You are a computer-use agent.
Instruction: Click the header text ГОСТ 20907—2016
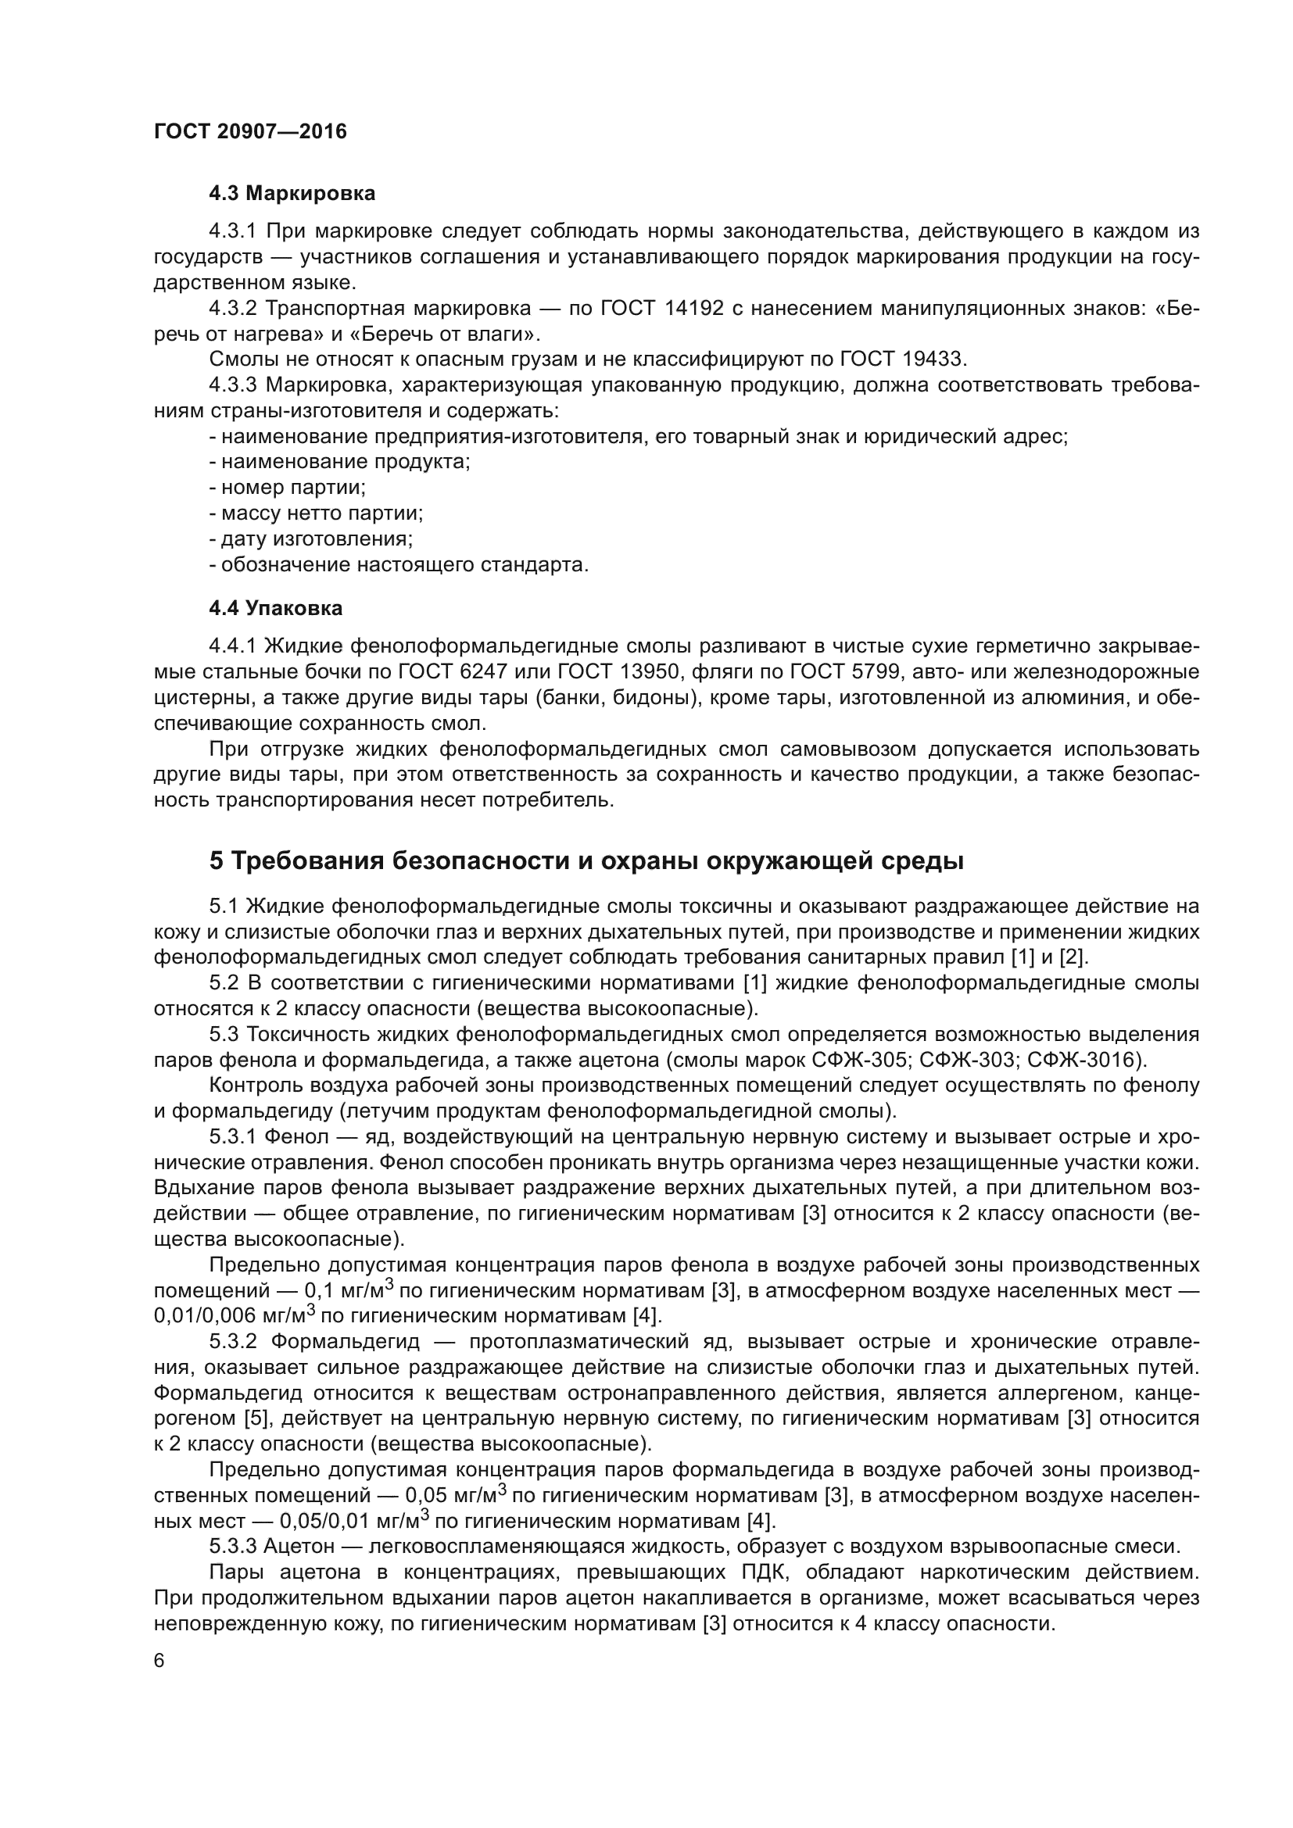[x=250, y=131]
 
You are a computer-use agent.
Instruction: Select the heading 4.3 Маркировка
[x=292, y=193]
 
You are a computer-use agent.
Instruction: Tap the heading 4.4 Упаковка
[x=275, y=608]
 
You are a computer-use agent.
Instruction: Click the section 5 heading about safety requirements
[x=587, y=860]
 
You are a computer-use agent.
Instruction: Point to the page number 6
[x=159, y=1660]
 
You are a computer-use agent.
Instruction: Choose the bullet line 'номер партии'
[x=288, y=487]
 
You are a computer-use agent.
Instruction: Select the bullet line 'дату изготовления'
[x=311, y=539]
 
